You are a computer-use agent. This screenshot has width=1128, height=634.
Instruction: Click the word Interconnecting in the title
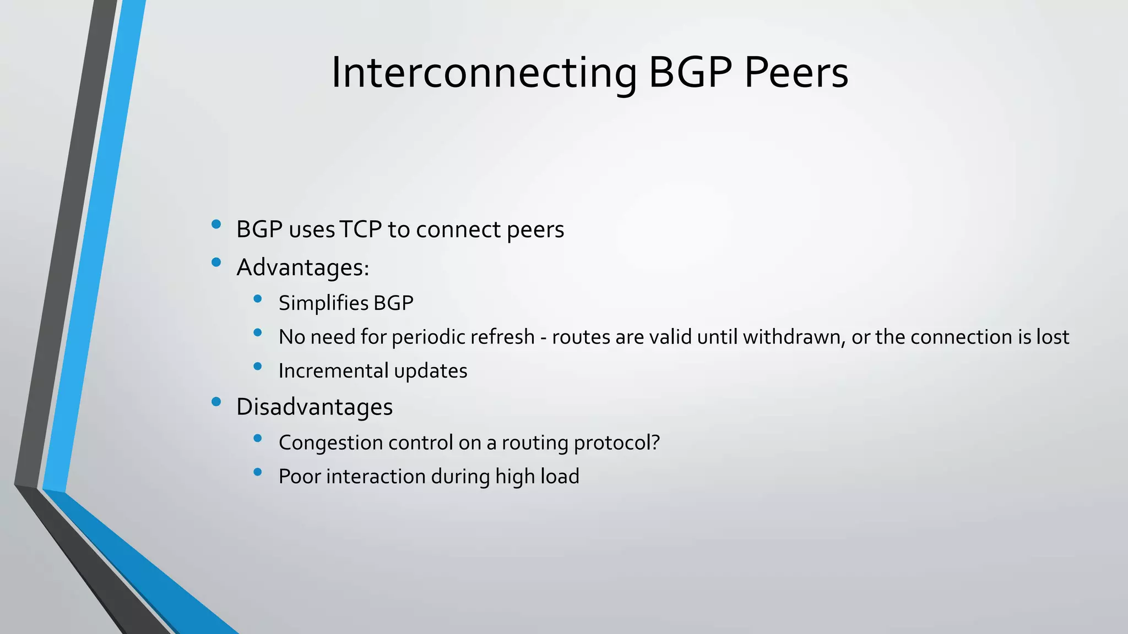click(484, 73)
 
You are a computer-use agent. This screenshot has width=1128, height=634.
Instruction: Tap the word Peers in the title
click(796, 73)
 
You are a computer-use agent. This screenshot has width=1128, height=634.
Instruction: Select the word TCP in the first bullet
click(361, 229)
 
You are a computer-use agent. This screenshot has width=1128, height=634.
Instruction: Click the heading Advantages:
click(302, 268)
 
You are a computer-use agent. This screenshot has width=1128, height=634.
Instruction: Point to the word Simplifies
click(323, 303)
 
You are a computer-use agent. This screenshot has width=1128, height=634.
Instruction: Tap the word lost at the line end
click(1053, 337)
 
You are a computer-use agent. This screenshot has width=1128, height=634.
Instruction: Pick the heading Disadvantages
click(314, 407)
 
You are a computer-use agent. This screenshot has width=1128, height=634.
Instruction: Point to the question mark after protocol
click(655, 442)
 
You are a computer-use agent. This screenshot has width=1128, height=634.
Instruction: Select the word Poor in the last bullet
click(299, 477)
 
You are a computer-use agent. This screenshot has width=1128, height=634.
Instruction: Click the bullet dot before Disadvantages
click(216, 402)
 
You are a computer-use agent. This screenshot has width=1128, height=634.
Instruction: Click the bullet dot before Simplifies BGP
click(257, 299)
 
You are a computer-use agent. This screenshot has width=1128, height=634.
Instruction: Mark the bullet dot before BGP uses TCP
click(216, 224)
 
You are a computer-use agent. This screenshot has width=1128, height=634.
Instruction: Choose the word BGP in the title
click(690, 73)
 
